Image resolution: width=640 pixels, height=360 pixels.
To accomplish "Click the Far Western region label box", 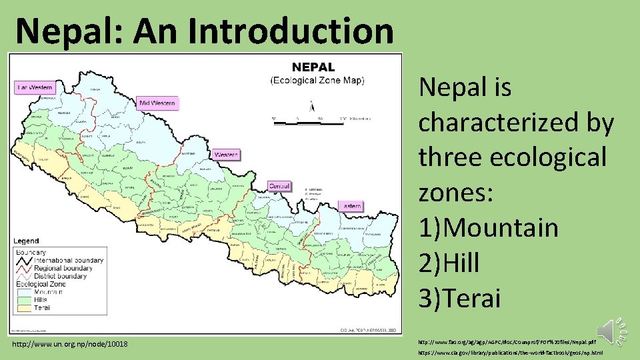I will [x=35, y=87].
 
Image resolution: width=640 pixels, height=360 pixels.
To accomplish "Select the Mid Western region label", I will [x=157, y=103].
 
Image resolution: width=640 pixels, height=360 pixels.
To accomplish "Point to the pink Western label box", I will [x=226, y=155].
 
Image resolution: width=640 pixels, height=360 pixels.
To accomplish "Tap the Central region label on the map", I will [x=279, y=186].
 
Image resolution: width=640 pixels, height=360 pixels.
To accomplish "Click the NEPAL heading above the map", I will [x=314, y=67].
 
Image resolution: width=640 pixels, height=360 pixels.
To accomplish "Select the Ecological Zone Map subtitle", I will [x=317, y=80].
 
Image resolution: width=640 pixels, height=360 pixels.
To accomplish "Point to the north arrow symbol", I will [x=311, y=105].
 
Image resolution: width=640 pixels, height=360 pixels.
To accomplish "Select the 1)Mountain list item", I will [x=488, y=227].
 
